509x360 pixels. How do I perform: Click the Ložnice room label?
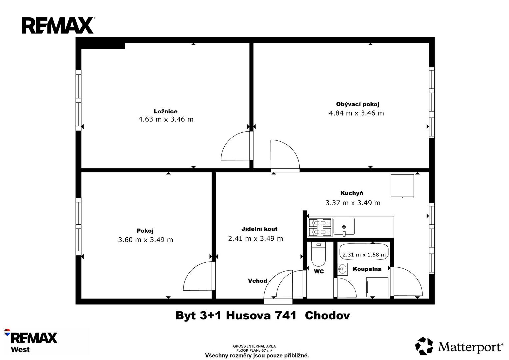tap(165, 111)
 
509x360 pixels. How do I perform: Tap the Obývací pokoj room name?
tap(358, 104)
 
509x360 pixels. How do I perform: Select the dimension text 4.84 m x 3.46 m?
tap(356, 113)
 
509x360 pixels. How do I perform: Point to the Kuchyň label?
tap(352, 193)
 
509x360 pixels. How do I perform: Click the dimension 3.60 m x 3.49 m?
tap(145, 240)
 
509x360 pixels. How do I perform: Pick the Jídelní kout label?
tap(259, 229)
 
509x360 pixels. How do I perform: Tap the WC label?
tap(319, 271)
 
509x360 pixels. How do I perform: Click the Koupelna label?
tap(367, 269)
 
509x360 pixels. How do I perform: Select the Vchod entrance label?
tap(257, 281)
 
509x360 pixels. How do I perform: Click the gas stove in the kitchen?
tap(320, 227)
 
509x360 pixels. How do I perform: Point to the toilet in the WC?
tap(319, 254)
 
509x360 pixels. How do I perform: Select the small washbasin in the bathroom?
tap(342, 269)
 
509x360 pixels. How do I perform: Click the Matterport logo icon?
tap(424, 346)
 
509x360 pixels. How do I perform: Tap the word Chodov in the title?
tap(327, 316)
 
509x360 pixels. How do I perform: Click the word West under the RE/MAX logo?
tap(20, 350)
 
